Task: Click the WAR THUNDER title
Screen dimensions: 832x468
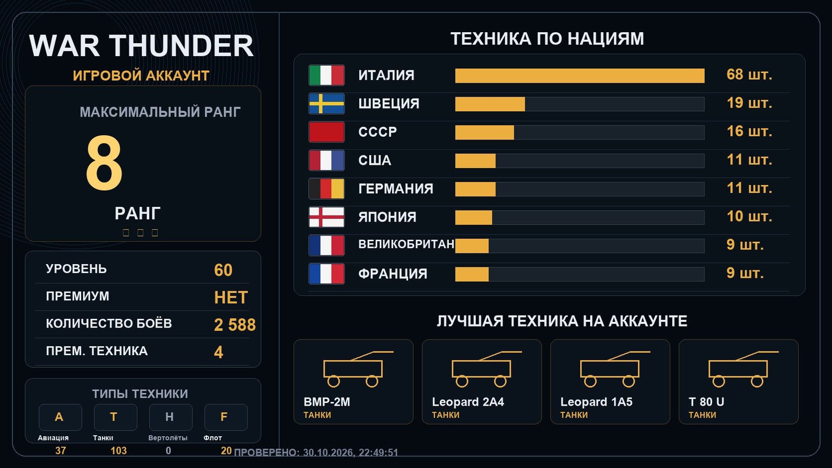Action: [x=141, y=46]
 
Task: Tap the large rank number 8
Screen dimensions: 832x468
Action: [x=104, y=163]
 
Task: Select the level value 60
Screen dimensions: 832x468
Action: [x=223, y=270]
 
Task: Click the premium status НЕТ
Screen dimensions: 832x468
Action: [x=231, y=297]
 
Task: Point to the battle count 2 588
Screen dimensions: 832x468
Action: [x=235, y=325]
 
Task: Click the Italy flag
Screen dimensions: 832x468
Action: [x=327, y=75]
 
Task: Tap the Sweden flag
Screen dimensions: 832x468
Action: [x=327, y=103]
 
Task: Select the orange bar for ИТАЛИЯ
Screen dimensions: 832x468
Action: [x=580, y=76]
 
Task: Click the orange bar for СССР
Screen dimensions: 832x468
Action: [x=485, y=133]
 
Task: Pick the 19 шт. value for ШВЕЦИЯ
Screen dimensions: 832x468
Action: [x=749, y=103]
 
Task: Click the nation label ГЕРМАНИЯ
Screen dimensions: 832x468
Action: [x=396, y=189]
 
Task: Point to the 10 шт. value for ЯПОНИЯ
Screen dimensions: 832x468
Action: [x=749, y=216]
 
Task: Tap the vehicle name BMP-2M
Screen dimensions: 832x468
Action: [x=327, y=402]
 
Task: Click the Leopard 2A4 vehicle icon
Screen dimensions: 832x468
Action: [x=487, y=369]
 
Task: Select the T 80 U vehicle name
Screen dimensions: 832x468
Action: [x=707, y=402]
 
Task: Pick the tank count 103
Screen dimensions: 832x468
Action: [x=119, y=451]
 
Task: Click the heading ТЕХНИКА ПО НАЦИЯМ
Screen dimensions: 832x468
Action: [x=547, y=39]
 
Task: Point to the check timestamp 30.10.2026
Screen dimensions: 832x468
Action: [x=327, y=453]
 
